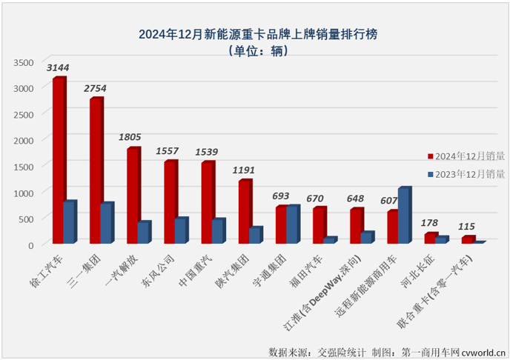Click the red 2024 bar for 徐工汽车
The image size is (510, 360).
(59, 160)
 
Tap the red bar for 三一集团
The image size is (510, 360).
(96, 170)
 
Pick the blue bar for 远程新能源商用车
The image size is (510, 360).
(404, 216)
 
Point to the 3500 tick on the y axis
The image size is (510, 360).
(24, 62)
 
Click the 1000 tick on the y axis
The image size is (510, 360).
(24, 193)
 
